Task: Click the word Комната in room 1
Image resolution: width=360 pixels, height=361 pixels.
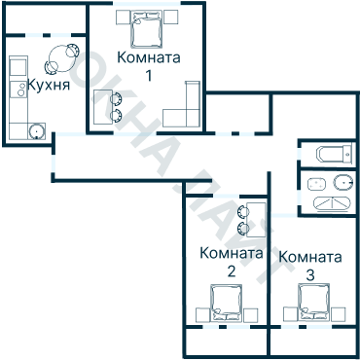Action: point(147,57)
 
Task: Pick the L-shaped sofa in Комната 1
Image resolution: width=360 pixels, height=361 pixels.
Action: point(186,109)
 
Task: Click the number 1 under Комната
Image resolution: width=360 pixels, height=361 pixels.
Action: point(148,75)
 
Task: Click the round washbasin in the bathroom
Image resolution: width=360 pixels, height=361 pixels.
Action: point(342,182)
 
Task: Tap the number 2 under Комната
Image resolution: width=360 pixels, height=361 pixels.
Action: point(231,271)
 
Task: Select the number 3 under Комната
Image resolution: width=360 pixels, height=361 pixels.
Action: point(309,275)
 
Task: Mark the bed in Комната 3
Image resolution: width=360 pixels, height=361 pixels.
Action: point(313,303)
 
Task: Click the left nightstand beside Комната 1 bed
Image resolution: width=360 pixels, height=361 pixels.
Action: point(120,18)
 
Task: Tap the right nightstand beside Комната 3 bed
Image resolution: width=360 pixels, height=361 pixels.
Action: point(341,313)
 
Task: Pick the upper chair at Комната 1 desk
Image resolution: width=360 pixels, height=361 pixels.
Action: point(115,96)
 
